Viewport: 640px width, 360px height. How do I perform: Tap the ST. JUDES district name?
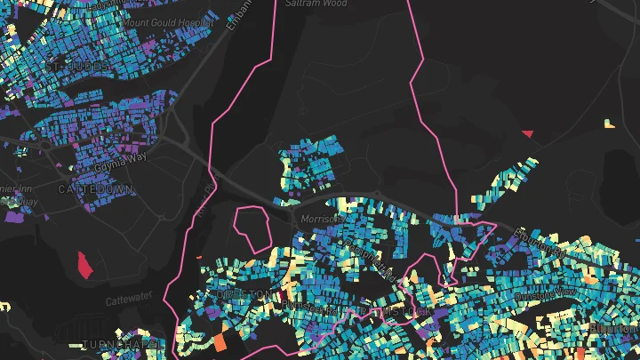tap(80, 67)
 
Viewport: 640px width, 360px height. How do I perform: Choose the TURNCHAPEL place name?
tap(119, 343)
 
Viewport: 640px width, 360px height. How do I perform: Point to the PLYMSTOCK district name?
tap(395, 313)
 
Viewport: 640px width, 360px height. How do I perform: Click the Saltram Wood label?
tap(316, 4)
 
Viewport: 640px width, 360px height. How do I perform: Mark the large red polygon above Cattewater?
tap(85, 264)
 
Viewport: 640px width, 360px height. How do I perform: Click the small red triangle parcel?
tap(527, 133)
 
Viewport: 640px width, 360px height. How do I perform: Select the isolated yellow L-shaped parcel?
tap(609, 124)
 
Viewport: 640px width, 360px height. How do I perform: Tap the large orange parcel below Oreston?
tap(220, 340)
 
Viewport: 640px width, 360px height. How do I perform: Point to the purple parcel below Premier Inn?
tap(12, 216)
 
